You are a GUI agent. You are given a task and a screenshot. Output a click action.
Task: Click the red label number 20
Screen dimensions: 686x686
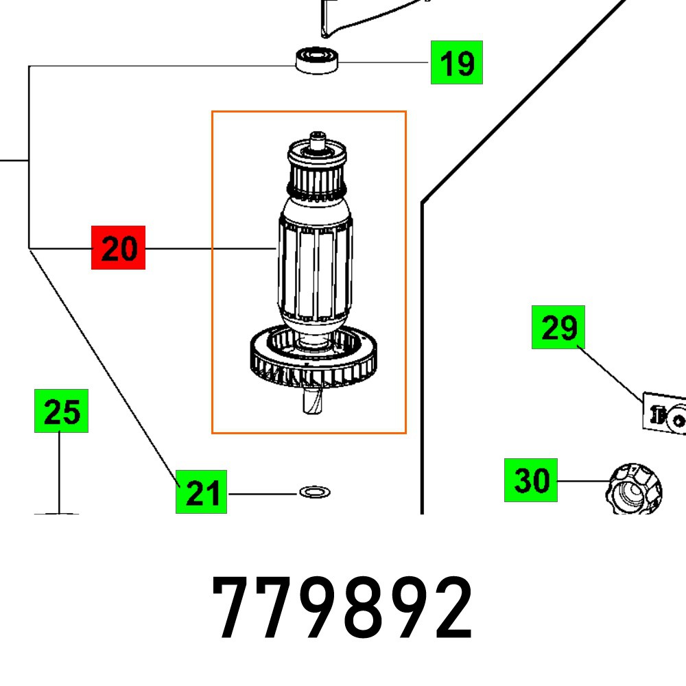119,248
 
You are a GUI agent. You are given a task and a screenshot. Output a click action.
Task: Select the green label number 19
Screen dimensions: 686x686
456,62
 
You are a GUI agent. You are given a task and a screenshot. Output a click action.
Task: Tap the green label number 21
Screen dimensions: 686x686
202,493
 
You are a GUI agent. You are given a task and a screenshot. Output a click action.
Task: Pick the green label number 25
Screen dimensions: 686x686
62,412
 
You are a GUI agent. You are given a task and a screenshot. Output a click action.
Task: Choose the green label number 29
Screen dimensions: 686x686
558,327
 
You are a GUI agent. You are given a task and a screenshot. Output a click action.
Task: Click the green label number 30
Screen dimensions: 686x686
531,480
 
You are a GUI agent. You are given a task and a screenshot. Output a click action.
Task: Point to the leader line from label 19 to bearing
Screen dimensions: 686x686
384,62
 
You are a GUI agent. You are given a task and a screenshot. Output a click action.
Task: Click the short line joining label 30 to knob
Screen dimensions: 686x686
581,482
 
